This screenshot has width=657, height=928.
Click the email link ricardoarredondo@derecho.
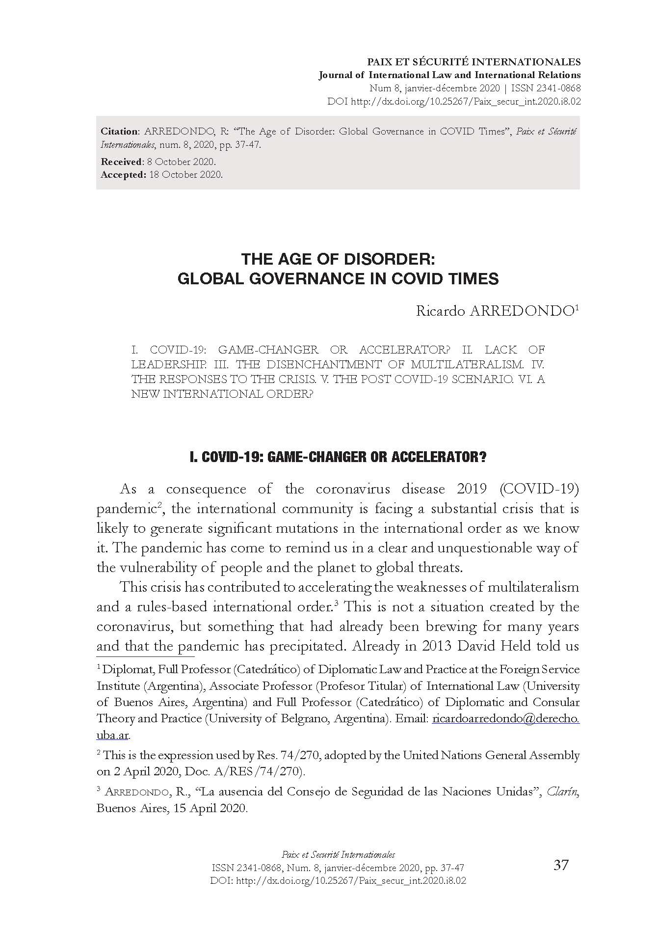click(x=505, y=719)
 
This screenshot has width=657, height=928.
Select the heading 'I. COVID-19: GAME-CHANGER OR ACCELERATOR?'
click(x=338, y=457)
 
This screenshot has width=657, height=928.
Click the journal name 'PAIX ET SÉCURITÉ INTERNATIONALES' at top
click(x=474, y=62)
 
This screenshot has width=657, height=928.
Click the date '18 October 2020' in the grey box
click(x=185, y=174)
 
